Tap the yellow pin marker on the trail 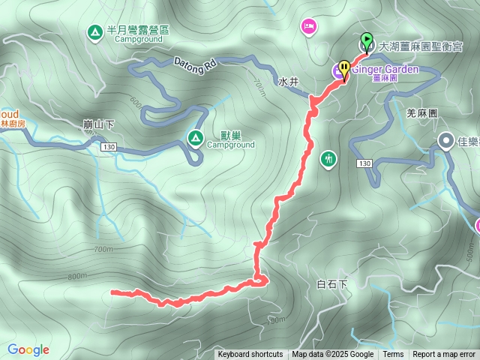pyautogui.click(x=344, y=69)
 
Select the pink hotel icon pyautogui.click(x=308, y=28)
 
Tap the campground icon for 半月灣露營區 pyautogui.click(x=94, y=32)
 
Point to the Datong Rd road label pyautogui.click(x=195, y=63)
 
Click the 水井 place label pyautogui.click(x=289, y=81)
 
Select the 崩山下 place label pyautogui.click(x=98, y=122)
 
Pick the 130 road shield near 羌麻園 pyautogui.click(x=365, y=163)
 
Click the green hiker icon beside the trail pyautogui.click(x=328, y=159)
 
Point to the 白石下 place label pyautogui.click(x=333, y=284)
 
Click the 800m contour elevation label pyautogui.click(x=77, y=275)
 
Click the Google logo pyautogui.click(x=28, y=349)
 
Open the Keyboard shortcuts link pyautogui.click(x=250, y=355)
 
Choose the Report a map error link pyautogui.click(x=444, y=355)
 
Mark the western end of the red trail pyautogui.click(x=112, y=292)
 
